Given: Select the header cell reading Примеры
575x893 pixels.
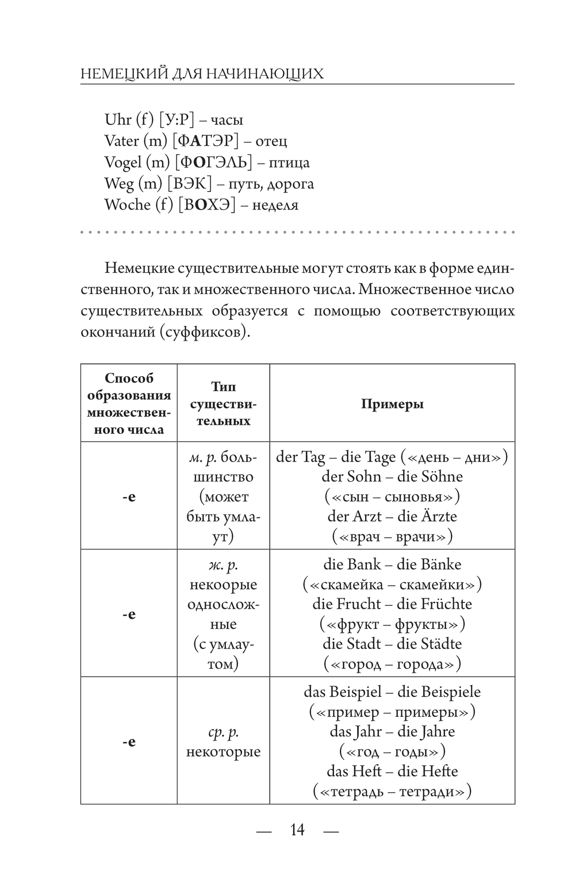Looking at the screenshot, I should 392,404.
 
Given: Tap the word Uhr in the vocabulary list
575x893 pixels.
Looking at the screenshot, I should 118,120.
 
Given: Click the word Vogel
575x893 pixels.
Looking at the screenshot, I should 122,162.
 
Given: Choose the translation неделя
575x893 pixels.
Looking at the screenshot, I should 275,205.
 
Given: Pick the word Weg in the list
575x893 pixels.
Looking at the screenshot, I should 118,184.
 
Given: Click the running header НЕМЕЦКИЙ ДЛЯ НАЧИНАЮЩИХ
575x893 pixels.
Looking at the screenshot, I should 202,74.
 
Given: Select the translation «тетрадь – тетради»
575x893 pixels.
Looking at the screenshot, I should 392,791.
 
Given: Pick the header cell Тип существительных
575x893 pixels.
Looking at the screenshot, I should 223,404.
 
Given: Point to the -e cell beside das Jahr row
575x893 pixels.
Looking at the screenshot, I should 129,741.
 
